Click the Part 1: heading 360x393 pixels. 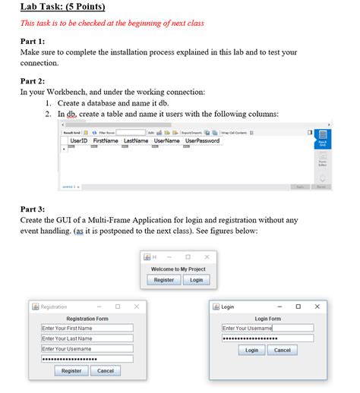(x=32, y=40)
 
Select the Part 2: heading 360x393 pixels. (x=32, y=80)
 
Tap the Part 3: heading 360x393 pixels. (x=32, y=209)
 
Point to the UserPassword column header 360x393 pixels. (x=202, y=141)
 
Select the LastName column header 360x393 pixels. (x=136, y=141)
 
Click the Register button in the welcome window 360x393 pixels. (x=164, y=280)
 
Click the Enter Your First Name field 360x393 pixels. (x=87, y=329)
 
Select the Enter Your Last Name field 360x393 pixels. (x=87, y=338)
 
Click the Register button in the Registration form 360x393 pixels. (x=71, y=371)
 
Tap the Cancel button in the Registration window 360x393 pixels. (x=106, y=371)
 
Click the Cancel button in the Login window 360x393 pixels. (x=282, y=351)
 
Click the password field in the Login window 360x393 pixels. (x=267, y=338)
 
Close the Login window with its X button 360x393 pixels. (x=317, y=307)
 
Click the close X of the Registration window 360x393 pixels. (x=136, y=307)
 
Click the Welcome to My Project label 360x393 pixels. (x=180, y=269)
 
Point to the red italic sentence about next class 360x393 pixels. (x=112, y=24)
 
